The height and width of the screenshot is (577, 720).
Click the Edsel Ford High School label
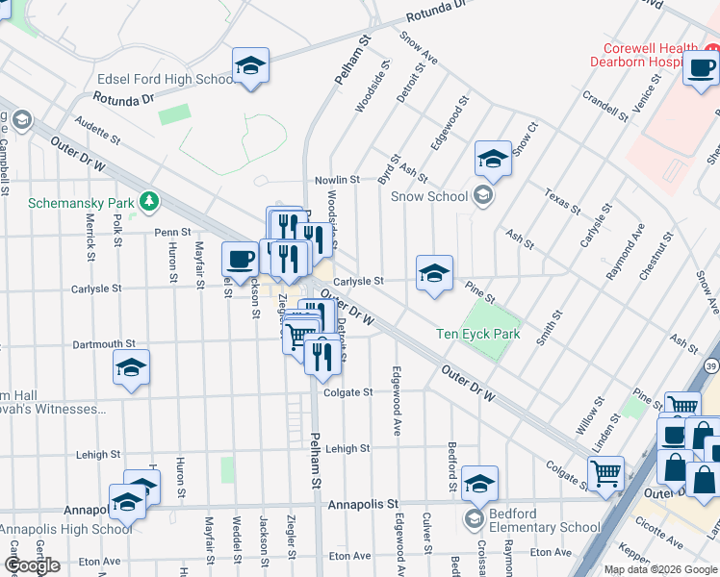coord(165,80)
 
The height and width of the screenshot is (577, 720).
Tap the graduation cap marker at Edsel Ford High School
coord(250,65)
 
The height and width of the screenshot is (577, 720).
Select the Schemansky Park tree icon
coord(148,201)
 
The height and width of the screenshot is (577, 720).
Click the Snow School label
coord(429,196)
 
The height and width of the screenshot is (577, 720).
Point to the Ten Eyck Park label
coord(477,334)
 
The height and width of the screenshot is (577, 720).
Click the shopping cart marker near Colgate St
coord(605,472)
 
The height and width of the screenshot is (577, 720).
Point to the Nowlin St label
coord(337,180)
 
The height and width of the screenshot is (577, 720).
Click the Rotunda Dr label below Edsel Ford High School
coord(123,98)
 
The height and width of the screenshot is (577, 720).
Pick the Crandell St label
coord(605,106)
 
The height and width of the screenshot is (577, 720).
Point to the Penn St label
coord(173,232)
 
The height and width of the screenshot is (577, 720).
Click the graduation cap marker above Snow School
coord(493,159)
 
